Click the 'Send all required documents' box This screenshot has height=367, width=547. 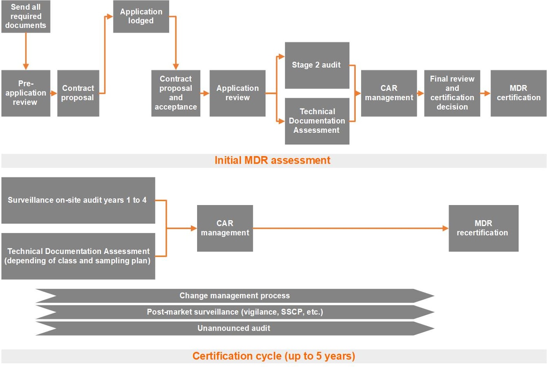(x=26, y=16)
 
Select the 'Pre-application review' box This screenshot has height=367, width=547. (x=26, y=93)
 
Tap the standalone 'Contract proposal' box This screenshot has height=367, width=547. (x=78, y=93)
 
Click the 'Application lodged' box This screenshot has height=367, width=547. (x=141, y=16)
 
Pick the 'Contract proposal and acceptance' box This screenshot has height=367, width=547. (x=176, y=93)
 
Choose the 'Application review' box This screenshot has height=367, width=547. (x=237, y=93)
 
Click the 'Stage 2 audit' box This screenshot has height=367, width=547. (x=317, y=65)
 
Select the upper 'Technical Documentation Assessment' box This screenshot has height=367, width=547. (x=317, y=121)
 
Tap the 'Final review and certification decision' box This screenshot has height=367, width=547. (x=452, y=93)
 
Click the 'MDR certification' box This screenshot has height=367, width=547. (x=518, y=93)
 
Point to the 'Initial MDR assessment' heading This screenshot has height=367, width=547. (x=272, y=160)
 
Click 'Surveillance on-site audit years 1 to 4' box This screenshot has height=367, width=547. (x=78, y=200)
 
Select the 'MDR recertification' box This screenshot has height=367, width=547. (x=483, y=228)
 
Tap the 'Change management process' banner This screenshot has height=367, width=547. (x=235, y=296)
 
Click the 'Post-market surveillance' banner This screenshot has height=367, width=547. (x=235, y=312)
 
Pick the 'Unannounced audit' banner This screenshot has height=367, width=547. (x=235, y=328)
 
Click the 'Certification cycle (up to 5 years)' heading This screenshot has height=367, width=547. (x=273, y=356)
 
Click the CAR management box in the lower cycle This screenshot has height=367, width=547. (x=225, y=228)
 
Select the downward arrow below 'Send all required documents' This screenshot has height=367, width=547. (x=26, y=51)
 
